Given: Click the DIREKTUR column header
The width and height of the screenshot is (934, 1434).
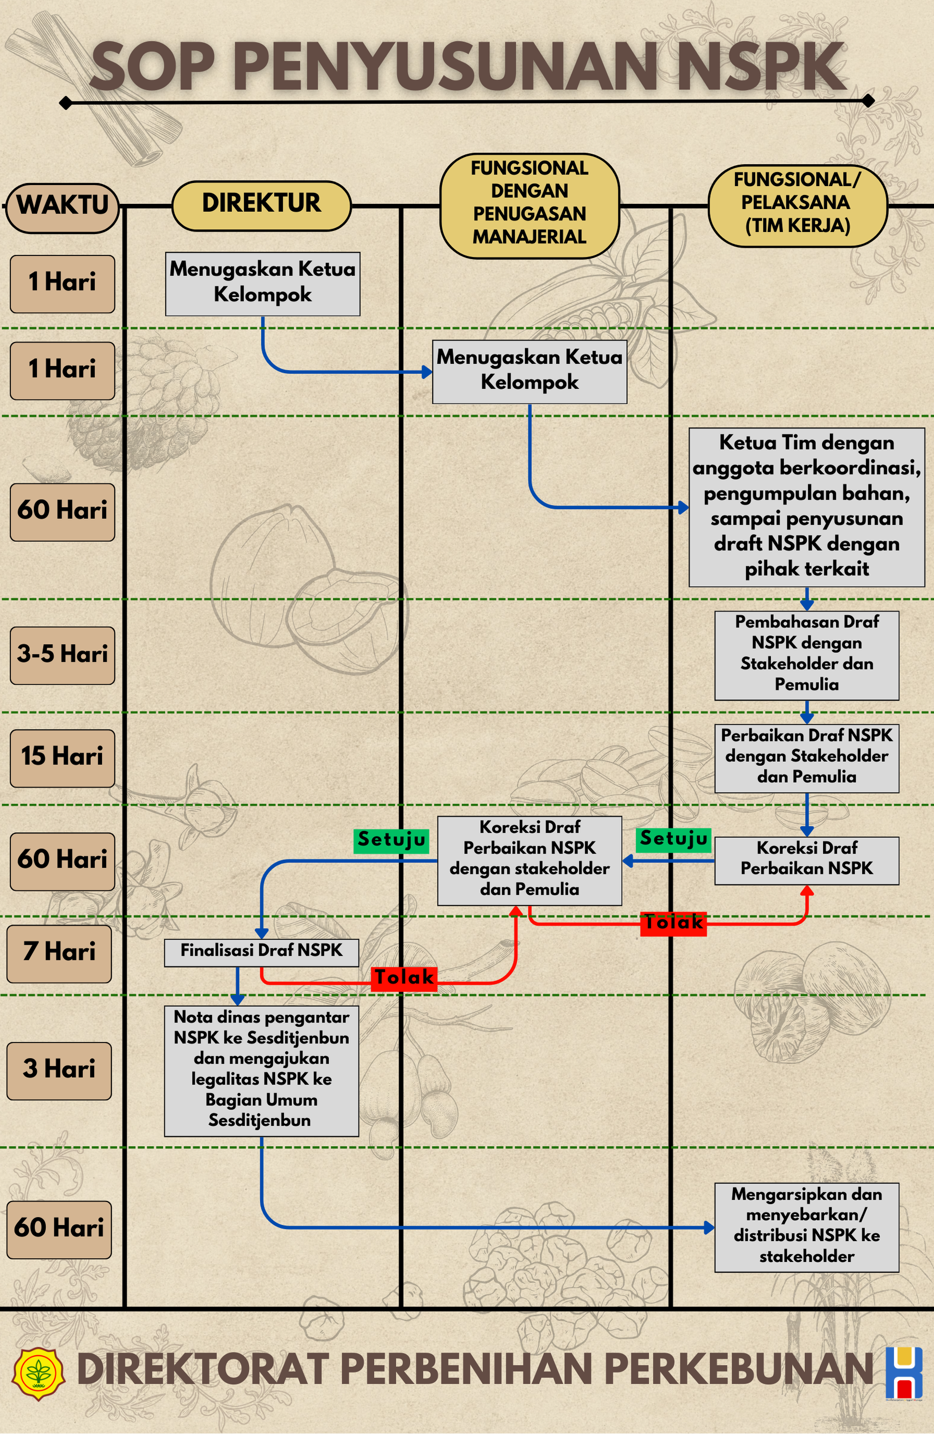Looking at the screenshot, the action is (x=261, y=205).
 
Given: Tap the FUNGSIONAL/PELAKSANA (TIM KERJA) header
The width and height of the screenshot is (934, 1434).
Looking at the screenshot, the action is (x=797, y=205).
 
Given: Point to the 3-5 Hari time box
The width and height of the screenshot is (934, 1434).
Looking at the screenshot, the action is (x=63, y=655).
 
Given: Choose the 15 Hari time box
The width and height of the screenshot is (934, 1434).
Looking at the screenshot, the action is (x=63, y=758).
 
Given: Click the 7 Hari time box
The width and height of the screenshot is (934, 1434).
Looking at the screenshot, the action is (x=59, y=954).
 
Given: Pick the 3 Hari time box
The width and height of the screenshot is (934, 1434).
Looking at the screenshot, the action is (x=59, y=1071).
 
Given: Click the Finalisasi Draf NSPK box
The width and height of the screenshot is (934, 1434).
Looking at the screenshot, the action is (x=261, y=953).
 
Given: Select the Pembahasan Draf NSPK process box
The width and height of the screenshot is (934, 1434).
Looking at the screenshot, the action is (x=807, y=655).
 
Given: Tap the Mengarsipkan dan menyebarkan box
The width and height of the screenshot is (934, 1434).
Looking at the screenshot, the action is (x=807, y=1228).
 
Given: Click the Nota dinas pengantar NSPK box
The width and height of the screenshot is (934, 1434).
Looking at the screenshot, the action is (x=261, y=1071).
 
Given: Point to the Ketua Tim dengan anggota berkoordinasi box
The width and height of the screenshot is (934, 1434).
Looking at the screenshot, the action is (x=807, y=507).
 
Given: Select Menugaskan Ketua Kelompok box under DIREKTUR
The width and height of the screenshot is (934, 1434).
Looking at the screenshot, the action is (x=263, y=284).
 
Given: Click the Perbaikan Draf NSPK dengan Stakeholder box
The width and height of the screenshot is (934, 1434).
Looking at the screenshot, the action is (x=807, y=758).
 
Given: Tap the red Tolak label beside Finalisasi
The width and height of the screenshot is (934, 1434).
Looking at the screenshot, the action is (x=404, y=977).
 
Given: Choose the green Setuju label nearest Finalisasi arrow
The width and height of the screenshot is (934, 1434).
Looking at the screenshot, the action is (x=392, y=841).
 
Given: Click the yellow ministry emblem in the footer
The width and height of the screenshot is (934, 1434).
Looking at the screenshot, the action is (x=39, y=1373).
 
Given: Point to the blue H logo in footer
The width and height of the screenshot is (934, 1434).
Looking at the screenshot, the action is (x=904, y=1373).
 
